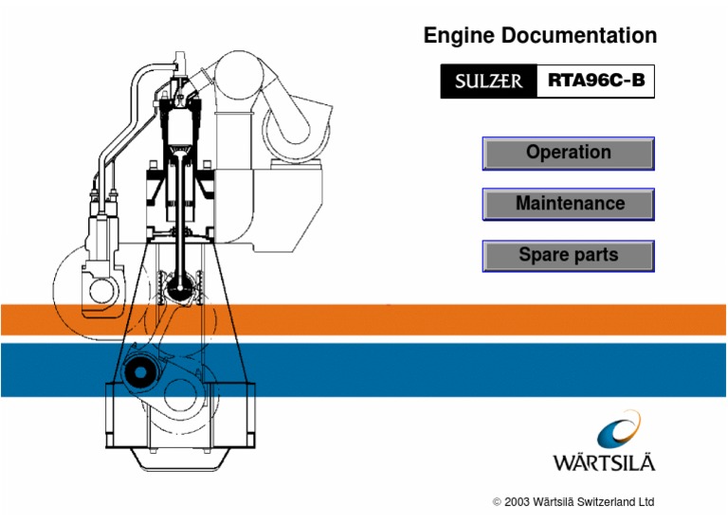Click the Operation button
coord(568,153)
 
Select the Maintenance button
coord(568,204)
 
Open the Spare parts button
coord(568,255)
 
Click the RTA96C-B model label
coord(596,81)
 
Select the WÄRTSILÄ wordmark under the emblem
coord(604,463)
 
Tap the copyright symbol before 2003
coord(498,501)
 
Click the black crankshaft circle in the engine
coord(139,372)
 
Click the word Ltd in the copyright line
coord(645,501)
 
